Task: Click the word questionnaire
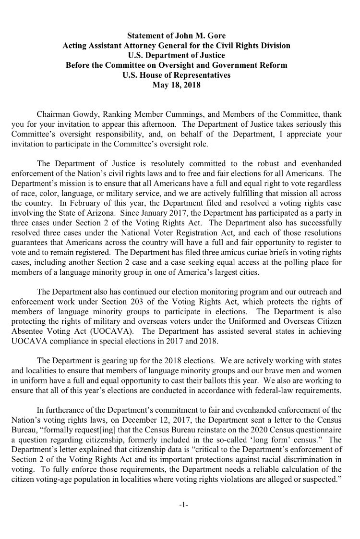[317, 431]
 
